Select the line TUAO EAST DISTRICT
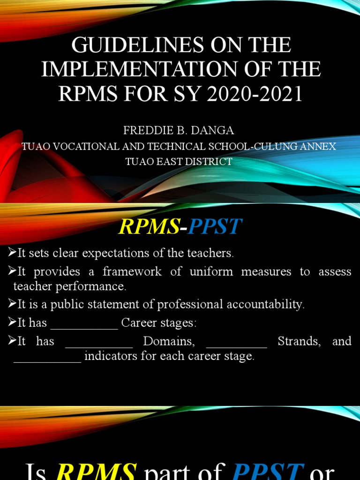[x=179, y=162]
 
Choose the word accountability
[x=265, y=304]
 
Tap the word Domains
[x=169, y=341]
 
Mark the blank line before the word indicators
[x=47, y=360]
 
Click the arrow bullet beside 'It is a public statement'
[x=12, y=304]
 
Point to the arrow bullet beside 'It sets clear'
[x=12, y=254]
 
